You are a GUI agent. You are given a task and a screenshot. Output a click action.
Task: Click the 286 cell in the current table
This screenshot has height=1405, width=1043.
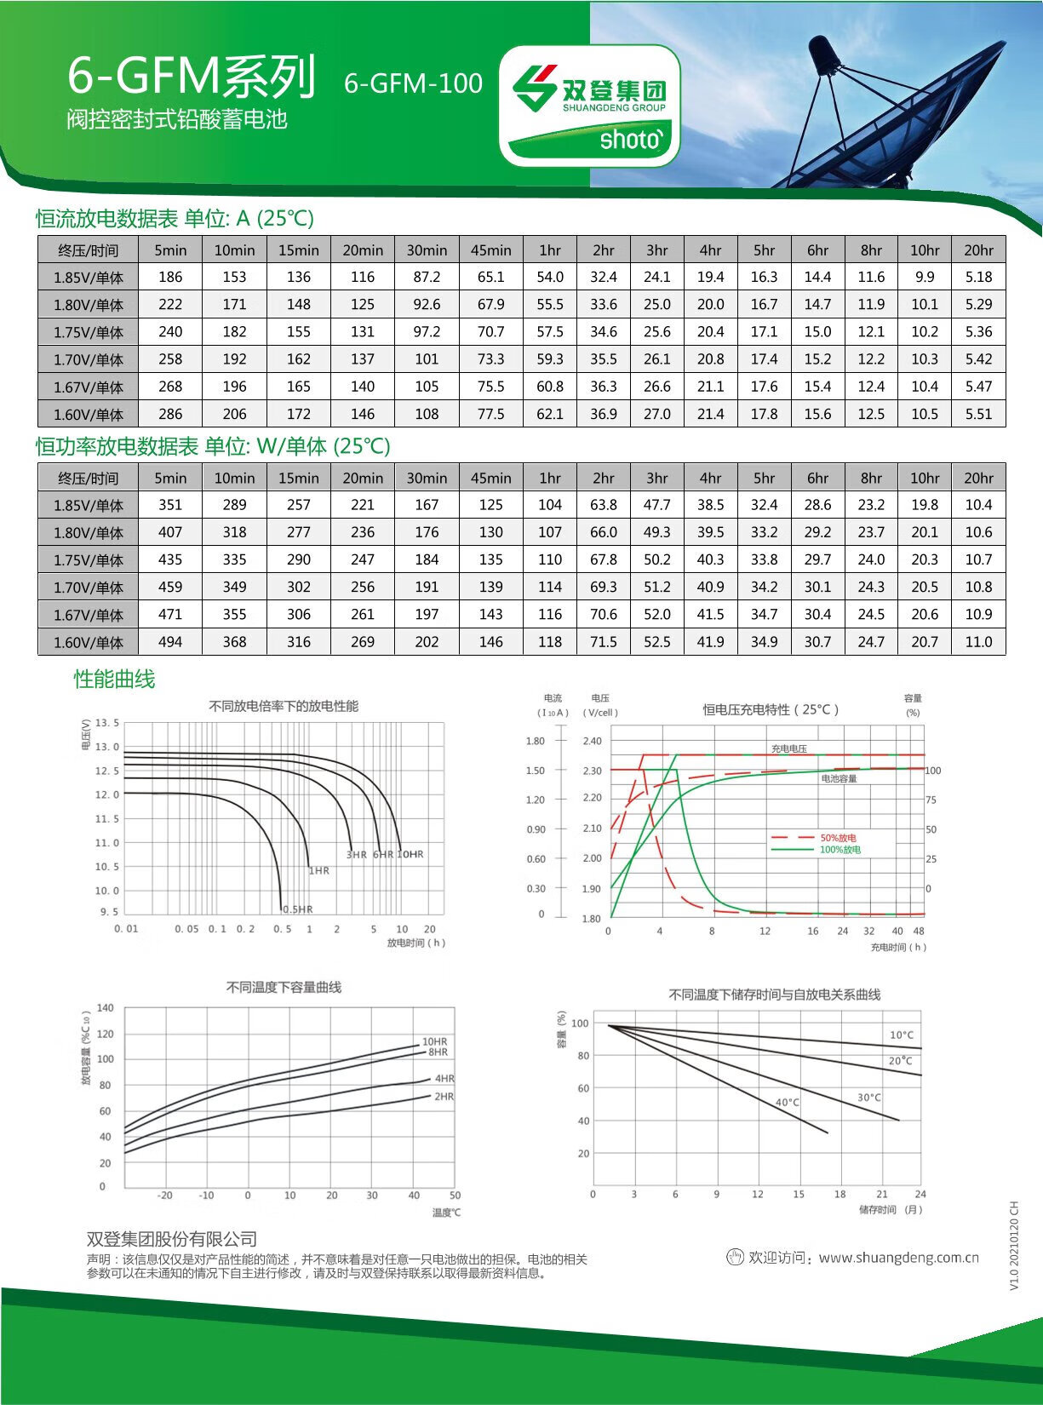click(x=170, y=414)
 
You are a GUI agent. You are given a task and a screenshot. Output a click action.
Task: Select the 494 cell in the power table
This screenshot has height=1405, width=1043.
click(x=170, y=642)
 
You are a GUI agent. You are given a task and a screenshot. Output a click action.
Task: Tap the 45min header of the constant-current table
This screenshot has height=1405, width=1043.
click(x=490, y=250)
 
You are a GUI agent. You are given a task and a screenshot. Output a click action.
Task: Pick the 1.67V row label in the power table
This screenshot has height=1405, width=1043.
click(x=89, y=615)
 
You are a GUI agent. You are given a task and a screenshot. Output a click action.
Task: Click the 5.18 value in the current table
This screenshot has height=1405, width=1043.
click(x=978, y=277)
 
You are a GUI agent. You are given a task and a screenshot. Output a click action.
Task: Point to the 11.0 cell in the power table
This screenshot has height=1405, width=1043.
click(x=978, y=642)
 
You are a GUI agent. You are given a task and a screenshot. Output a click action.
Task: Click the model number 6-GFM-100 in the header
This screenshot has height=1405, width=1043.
click(x=413, y=83)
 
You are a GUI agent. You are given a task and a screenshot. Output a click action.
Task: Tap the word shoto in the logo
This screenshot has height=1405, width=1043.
click(x=630, y=140)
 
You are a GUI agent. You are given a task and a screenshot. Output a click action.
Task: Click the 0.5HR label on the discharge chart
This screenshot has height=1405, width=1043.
click(x=298, y=909)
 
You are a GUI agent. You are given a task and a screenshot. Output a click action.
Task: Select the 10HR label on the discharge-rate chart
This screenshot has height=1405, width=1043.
click(x=410, y=854)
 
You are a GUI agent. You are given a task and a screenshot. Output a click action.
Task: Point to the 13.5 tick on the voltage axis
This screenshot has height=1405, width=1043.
click(x=107, y=723)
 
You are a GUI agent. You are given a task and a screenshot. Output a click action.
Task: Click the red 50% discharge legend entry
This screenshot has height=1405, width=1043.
click(x=838, y=838)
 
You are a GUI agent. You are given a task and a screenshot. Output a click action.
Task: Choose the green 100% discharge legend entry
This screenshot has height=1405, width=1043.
click(x=840, y=850)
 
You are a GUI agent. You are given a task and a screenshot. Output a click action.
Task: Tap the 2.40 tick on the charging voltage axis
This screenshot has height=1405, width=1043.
click(x=592, y=741)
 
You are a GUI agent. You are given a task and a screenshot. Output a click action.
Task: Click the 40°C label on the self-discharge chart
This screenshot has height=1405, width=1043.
click(x=788, y=1103)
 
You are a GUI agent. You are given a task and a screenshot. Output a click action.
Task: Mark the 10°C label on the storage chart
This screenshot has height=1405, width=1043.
click(x=902, y=1035)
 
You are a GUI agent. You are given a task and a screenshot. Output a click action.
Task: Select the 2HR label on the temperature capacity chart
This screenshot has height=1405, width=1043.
click(x=444, y=1097)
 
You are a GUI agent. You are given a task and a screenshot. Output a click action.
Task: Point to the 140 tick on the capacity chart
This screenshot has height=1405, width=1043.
click(x=105, y=1008)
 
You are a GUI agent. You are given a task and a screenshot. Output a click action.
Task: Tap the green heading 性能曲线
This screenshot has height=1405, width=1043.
click(x=114, y=680)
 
